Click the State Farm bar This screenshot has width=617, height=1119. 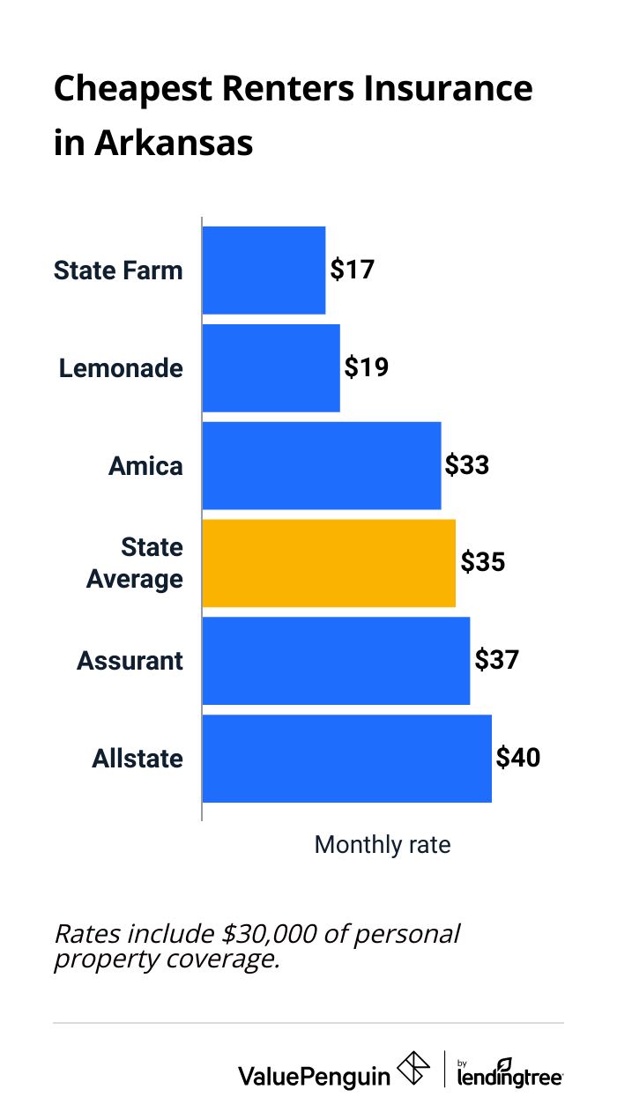264,270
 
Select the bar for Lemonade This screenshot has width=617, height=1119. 271,367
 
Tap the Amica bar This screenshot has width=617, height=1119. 321,465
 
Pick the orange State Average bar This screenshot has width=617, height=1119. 329,563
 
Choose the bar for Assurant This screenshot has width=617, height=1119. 336,661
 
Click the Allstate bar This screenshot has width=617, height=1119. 346,759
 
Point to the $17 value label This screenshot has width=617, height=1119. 353,270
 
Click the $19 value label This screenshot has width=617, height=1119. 367,367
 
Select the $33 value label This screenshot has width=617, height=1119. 467,465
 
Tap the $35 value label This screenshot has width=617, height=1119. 482,563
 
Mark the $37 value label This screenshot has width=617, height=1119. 497,661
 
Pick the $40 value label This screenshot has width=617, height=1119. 518,759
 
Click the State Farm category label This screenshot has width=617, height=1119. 118,270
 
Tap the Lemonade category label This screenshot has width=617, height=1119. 121,367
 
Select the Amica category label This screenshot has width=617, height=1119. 145,465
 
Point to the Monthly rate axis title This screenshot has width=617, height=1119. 383,845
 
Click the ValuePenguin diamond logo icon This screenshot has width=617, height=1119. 413,1069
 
